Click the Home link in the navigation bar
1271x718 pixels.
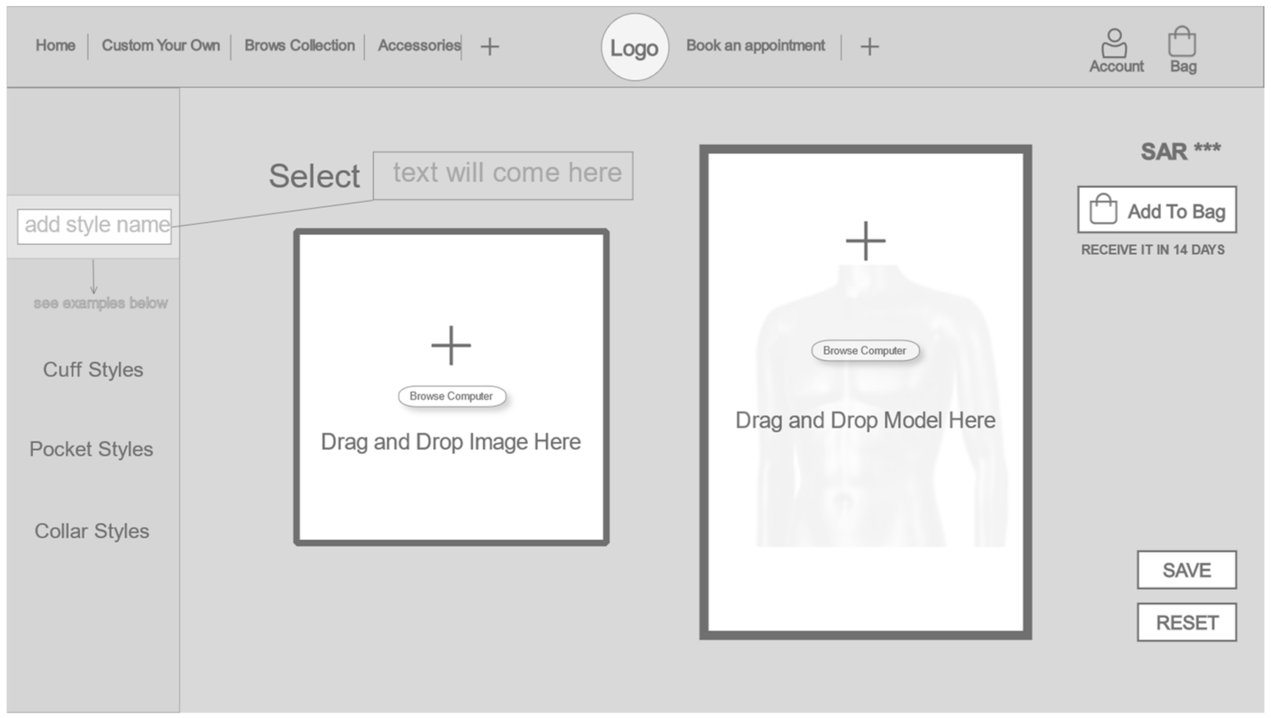(55, 46)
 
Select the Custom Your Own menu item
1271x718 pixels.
(161, 46)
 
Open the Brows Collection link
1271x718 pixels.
(299, 46)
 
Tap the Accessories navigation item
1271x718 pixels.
(419, 46)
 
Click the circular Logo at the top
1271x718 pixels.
(634, 48)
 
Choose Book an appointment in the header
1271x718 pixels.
(755, 46)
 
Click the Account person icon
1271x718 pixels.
(1115, 43)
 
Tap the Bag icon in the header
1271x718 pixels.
(1182, 43)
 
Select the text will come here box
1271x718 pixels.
(503, 176)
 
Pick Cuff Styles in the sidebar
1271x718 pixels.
(93, 370)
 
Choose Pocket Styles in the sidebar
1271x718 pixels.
(91, 449)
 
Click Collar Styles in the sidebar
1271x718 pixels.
(92, 531)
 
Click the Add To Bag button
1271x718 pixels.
(1156, 210)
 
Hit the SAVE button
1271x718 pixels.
(1186, 570)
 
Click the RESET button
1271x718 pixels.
(1186, 623)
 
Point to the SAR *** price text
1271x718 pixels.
(1180, 151)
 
